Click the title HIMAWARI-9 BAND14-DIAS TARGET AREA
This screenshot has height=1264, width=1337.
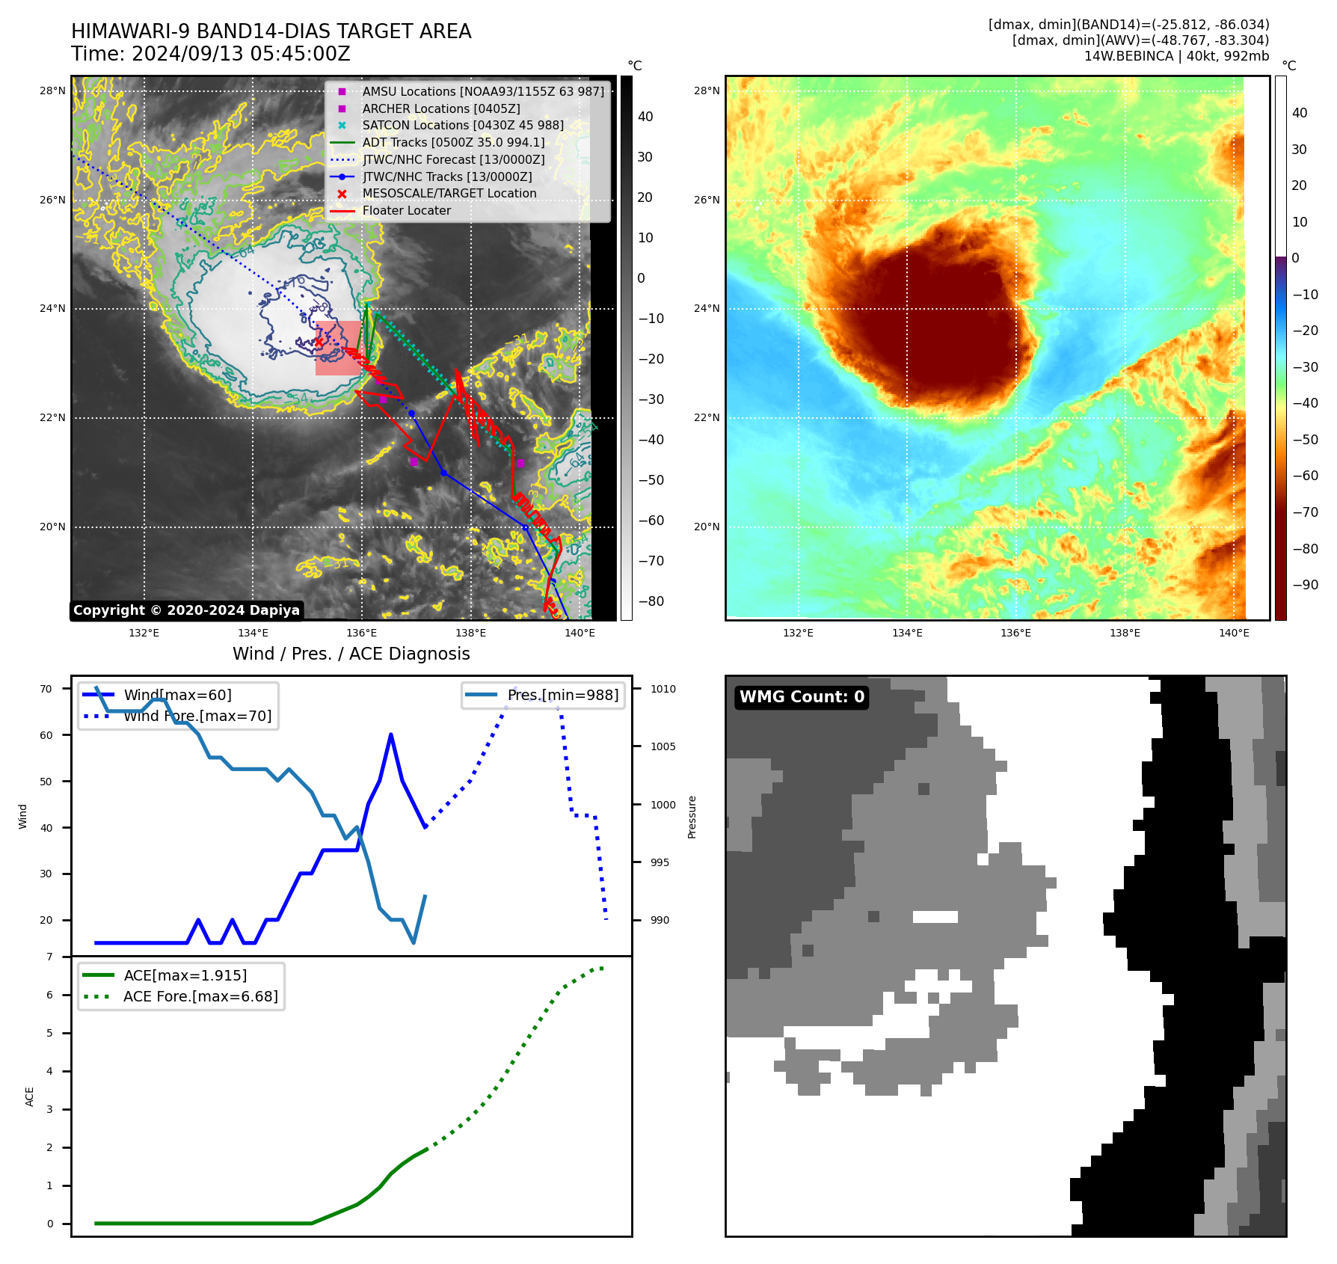point(271,31)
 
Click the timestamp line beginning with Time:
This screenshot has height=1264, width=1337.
point(210,54)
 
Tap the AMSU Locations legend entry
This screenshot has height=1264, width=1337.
point(482,91)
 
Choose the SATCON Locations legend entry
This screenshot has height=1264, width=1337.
point(462,126)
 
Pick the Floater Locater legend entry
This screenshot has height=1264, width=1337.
point(406,211)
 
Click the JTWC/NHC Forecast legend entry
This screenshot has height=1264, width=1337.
point(453,159)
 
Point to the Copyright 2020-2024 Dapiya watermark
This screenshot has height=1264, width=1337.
point(186,610)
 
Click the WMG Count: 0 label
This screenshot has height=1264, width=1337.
point(802,697)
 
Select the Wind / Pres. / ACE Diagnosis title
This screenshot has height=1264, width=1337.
point(351,654)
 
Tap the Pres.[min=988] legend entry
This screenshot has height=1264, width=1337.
point(562,695)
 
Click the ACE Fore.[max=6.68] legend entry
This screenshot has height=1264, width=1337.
point(200,996)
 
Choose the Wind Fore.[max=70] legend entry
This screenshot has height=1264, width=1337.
point(197,716)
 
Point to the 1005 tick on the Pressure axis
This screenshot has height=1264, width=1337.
point(663,746)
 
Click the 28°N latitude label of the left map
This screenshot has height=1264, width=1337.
point(52,91)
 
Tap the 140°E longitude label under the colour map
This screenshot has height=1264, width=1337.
point(1234,633)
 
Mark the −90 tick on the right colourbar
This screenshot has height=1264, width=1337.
point(1305,585)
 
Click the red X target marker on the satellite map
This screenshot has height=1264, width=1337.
point(319,342)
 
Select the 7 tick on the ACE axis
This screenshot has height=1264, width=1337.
point(49,957)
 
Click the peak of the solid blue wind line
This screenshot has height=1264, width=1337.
point(391,734)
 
